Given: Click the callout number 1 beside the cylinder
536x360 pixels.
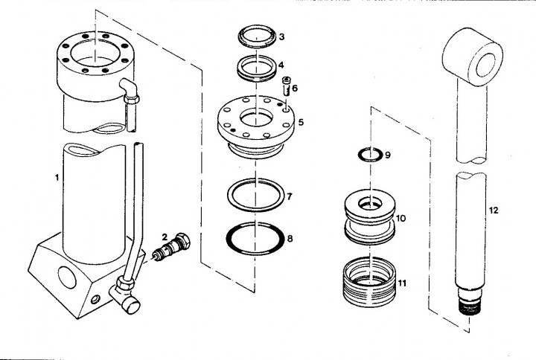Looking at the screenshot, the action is (x=57, y=177).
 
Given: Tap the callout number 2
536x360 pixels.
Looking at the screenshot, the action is (x=165, y=237).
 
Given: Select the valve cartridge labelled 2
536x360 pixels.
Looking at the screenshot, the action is (x=171, y=247).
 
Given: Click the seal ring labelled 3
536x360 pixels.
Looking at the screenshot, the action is (x=256, y=36).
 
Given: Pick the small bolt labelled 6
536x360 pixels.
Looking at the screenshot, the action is (x=286, y=86).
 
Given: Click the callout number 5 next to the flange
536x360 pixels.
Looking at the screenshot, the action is (x=301, y=122).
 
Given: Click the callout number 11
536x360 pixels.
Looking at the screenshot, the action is (x=402, y=283).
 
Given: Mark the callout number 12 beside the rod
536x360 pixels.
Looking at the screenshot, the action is (x=494, y=210).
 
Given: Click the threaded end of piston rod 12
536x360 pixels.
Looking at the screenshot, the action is (x=469, y=305).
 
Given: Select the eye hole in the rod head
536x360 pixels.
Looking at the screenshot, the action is (x=485, y=65).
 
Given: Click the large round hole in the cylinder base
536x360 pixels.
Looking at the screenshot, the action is (x=67, y=277).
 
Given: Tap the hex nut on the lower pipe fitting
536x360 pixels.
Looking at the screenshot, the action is (x=124, y=283).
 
